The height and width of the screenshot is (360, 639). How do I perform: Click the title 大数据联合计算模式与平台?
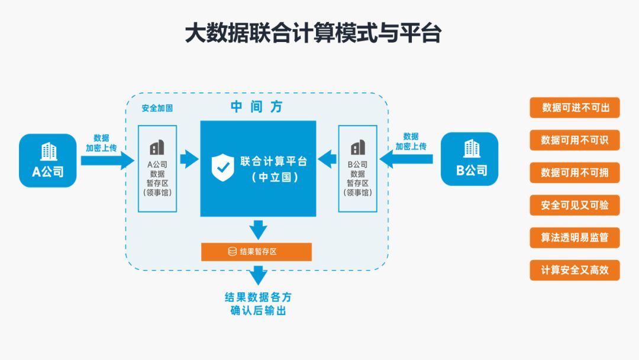coord(313,33)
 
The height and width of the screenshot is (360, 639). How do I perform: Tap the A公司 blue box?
coord(48,160)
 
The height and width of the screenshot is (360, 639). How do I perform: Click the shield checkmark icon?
coord(222,167)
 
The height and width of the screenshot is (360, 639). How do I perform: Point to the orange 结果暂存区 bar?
coord(256,252)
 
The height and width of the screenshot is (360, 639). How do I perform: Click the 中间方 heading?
coord(256,107)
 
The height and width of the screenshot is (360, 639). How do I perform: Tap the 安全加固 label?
coord(157,109)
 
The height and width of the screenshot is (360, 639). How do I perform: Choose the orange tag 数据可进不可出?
coord(575,108)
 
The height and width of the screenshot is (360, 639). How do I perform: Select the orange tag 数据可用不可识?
coord(575,140)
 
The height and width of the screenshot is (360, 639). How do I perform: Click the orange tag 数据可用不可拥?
coord(575,173)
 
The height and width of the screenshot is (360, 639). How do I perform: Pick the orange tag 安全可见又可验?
coord(575,205)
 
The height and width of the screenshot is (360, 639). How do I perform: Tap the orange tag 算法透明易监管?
coord(575,237)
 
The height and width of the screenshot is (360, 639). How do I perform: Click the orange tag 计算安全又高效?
coord(575,270)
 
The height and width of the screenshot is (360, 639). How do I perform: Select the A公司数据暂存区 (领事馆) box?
coord(157,169)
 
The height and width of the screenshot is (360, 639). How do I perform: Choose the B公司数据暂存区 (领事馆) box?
coord(357,169)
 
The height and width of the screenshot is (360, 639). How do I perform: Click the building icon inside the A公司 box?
coord(48,152)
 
